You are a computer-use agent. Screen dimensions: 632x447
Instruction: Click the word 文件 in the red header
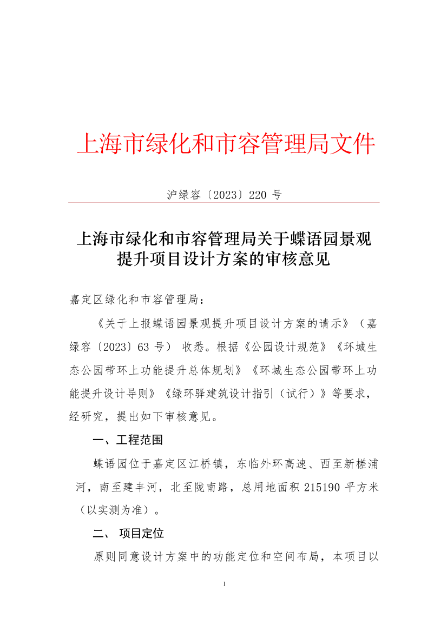(354, 144)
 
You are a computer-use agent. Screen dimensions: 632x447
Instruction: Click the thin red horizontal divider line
(223, 203)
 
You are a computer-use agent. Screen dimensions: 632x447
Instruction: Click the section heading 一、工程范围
(128, 440)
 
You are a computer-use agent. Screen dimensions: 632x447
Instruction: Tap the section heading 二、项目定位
(128, 534)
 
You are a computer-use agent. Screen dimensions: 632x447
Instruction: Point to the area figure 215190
(323, 487)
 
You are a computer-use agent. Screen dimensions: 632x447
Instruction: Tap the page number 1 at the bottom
(223, 584)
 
